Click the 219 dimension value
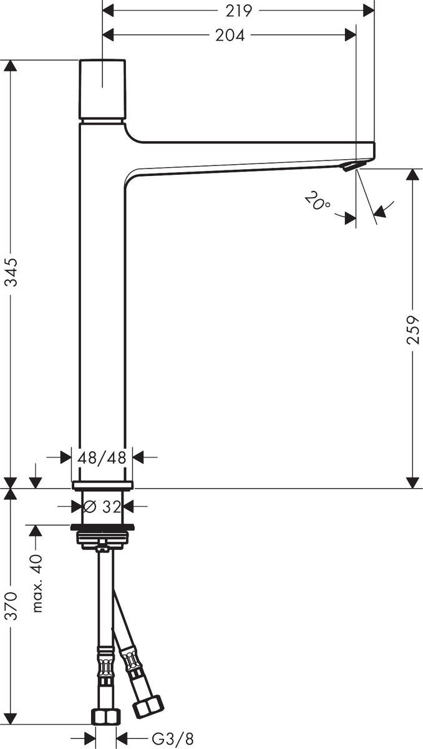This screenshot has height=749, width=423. tap(239, 11)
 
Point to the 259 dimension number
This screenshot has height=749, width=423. tap(412, 328)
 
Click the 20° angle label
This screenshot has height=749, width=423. tap(318, 202)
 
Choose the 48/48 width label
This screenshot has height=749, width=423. tap(102, 458)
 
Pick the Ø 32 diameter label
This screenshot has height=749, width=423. tap(102, 506)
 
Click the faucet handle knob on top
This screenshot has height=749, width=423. tap(102, 89)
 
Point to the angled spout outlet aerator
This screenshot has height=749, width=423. tap(353, 165)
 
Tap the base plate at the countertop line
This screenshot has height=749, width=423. tap(102, 485)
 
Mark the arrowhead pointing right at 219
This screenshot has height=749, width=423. tap(368, 11)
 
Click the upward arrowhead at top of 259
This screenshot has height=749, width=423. tap(412, 174)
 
